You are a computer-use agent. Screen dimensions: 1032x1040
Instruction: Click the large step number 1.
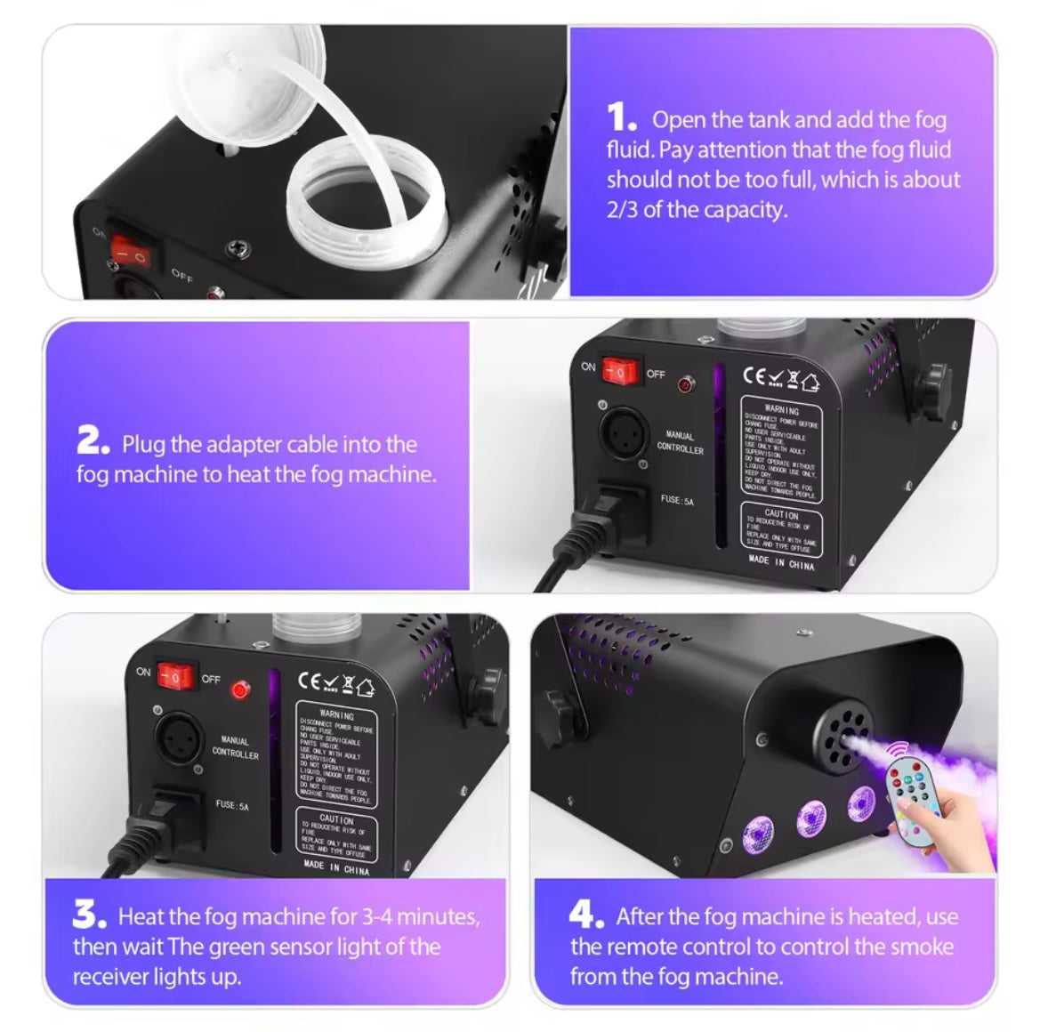[x=621, y=118]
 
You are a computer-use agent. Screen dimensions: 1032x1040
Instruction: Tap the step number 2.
[x=93, y=441]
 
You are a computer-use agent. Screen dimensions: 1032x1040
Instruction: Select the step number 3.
[x=89, y=914]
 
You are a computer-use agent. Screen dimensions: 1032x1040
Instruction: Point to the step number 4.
[x=586, y=914]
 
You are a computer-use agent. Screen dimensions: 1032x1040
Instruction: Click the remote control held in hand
[x=911, y=791]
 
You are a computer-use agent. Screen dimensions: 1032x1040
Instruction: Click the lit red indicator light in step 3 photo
[x=239, y=689]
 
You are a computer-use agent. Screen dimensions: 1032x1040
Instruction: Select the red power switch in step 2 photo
[x=619, y=371]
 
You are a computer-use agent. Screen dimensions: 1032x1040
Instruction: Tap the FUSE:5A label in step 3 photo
[x=231, y=805]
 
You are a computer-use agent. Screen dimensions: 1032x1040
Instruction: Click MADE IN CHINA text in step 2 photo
[x=781, y=561]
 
